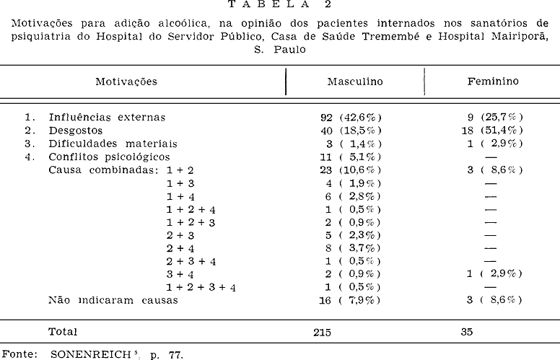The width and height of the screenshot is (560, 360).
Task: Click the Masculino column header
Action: pos(355,82)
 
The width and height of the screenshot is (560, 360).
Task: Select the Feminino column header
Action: pos(493,82)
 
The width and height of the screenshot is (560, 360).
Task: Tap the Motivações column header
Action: pos(126,82)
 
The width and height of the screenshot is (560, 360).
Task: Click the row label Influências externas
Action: pos(107,117)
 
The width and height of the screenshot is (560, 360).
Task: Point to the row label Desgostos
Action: pos(76,131)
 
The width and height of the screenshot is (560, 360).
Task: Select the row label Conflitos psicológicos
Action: pos(109,157)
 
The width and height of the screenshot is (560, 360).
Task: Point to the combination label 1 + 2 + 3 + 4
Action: pos(201,287)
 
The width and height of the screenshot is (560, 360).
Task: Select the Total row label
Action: pos(62,332)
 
